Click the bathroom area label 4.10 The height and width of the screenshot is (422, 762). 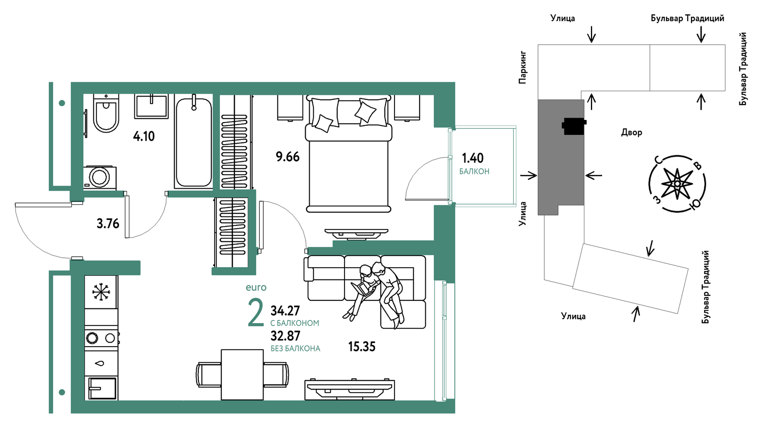(x=144, y=136)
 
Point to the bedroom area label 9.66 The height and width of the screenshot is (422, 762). (x=287, y=157)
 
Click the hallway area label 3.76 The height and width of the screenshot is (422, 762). (x=108, y=224)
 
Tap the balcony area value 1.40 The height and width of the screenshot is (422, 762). (x=473, y=158)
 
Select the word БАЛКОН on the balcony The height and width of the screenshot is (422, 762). (x=474, y=172)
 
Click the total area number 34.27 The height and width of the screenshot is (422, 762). (x=285, y=311)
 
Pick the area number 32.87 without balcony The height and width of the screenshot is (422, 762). (x=286, y=336)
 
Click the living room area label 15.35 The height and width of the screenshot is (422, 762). (x=362, y=347)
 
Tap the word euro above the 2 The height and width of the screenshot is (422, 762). (x=256, y=288)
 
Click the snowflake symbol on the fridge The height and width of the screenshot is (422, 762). (x=101, y=292)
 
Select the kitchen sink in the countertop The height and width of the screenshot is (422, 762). (x=102, y=388)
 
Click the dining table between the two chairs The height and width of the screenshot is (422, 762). (x=242, y=375)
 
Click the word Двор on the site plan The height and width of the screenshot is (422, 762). (x=632, y=133)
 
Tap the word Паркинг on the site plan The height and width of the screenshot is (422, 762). (x=523, y=67)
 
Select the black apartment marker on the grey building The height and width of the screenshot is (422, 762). (x=574, y=126)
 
